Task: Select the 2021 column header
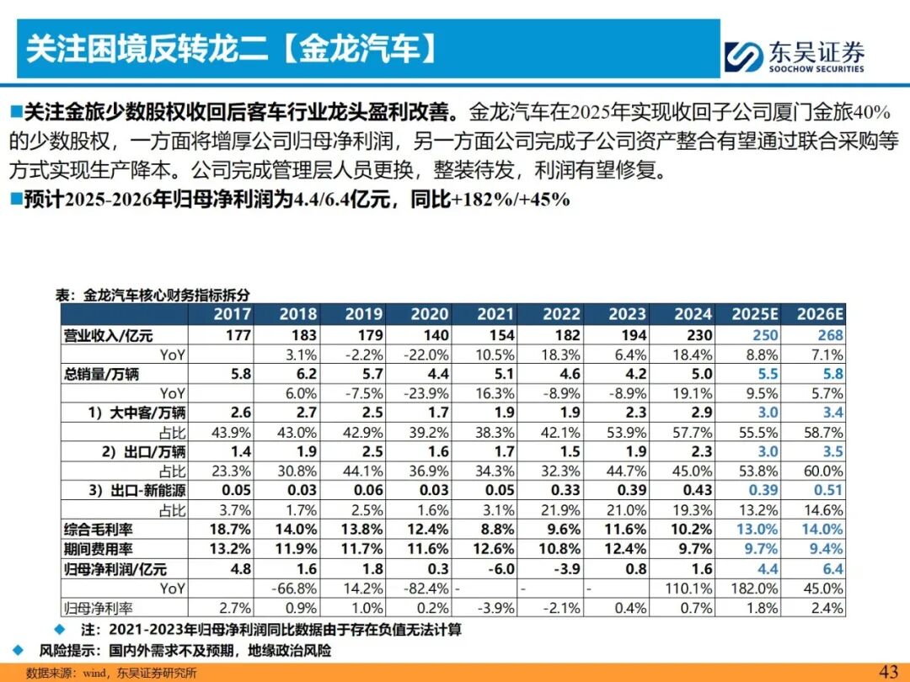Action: point(495,314)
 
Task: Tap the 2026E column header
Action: point(822,314)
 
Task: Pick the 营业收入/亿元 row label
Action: point(109,335)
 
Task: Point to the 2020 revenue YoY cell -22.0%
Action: point(429,354)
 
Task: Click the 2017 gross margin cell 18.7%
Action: point(230,530)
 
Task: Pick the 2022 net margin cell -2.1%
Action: point(560,607)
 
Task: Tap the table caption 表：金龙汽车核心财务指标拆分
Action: point(153,295)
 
